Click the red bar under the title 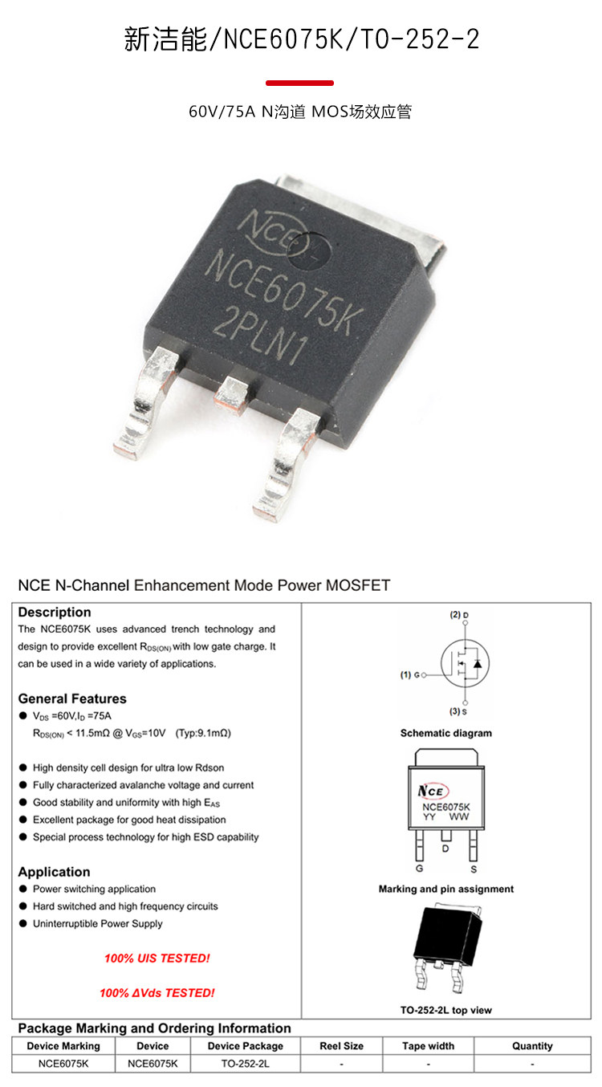tap(299, 83)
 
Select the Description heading tap(55, 613)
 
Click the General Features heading tap(72, 698)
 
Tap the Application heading tap(54, 872)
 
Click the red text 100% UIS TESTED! tap(157, 959)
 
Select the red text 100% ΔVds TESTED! tap(157, 993)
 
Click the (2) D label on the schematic tap(459, 615)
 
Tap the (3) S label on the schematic tap(459, 712)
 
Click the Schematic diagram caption tap(446, 733)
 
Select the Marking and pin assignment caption tap(446, 889)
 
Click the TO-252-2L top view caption tap(446, 1010)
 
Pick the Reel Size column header tap(342, 1046)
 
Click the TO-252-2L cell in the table tap(246, 1064)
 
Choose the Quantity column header tap(532, 1046)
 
